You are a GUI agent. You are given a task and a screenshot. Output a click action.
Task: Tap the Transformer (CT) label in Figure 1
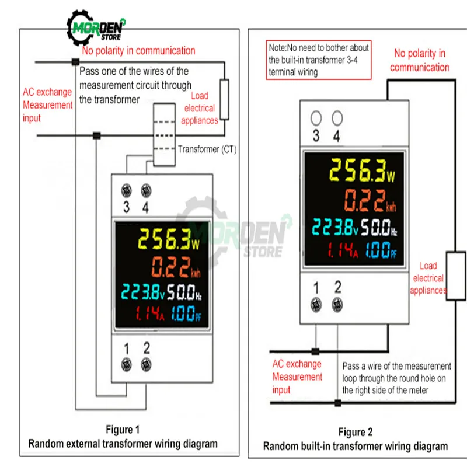tap(207, 149)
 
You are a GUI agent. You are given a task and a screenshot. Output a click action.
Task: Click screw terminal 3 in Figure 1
tap(126, 190)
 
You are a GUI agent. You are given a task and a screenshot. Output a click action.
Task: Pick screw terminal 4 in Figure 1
tap(145, 190)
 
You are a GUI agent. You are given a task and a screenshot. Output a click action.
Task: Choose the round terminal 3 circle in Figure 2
tap(316, 118)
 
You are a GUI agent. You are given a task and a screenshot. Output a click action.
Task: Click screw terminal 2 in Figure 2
tap(337, 304)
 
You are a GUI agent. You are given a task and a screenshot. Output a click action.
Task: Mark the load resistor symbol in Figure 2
tap(456, 276)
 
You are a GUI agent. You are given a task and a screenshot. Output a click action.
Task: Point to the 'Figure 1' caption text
tap(123, 430)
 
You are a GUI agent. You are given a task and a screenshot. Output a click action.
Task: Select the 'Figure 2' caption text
tap(356, 432)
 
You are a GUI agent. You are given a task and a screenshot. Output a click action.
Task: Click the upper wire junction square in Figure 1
tap(75, 61)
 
